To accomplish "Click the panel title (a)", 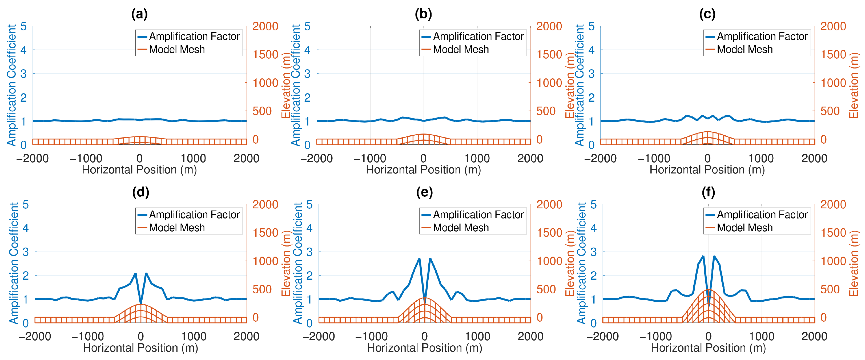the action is point(139,14).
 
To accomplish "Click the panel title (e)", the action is point(424,192).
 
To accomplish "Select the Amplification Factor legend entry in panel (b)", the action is point(473,36).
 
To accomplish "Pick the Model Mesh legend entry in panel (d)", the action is point(171,228).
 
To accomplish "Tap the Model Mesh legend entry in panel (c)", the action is point(739,49).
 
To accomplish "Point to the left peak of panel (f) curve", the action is point(703,256).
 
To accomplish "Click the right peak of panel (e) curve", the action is point(430,258).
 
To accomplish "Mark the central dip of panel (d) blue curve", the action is point(141,304).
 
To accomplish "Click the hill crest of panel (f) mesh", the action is point(709,289).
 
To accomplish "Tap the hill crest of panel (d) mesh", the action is point(141,304).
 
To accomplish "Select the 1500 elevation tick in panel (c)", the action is point(834,54).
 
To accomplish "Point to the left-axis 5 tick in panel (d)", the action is point(26,204).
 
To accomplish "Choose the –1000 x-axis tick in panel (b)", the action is point(370,158).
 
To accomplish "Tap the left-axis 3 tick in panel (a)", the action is point(23,74).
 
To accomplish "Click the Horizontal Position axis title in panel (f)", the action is point(709,348).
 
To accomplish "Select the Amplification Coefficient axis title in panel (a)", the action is point(12,85).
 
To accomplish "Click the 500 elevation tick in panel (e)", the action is point(549,289).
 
